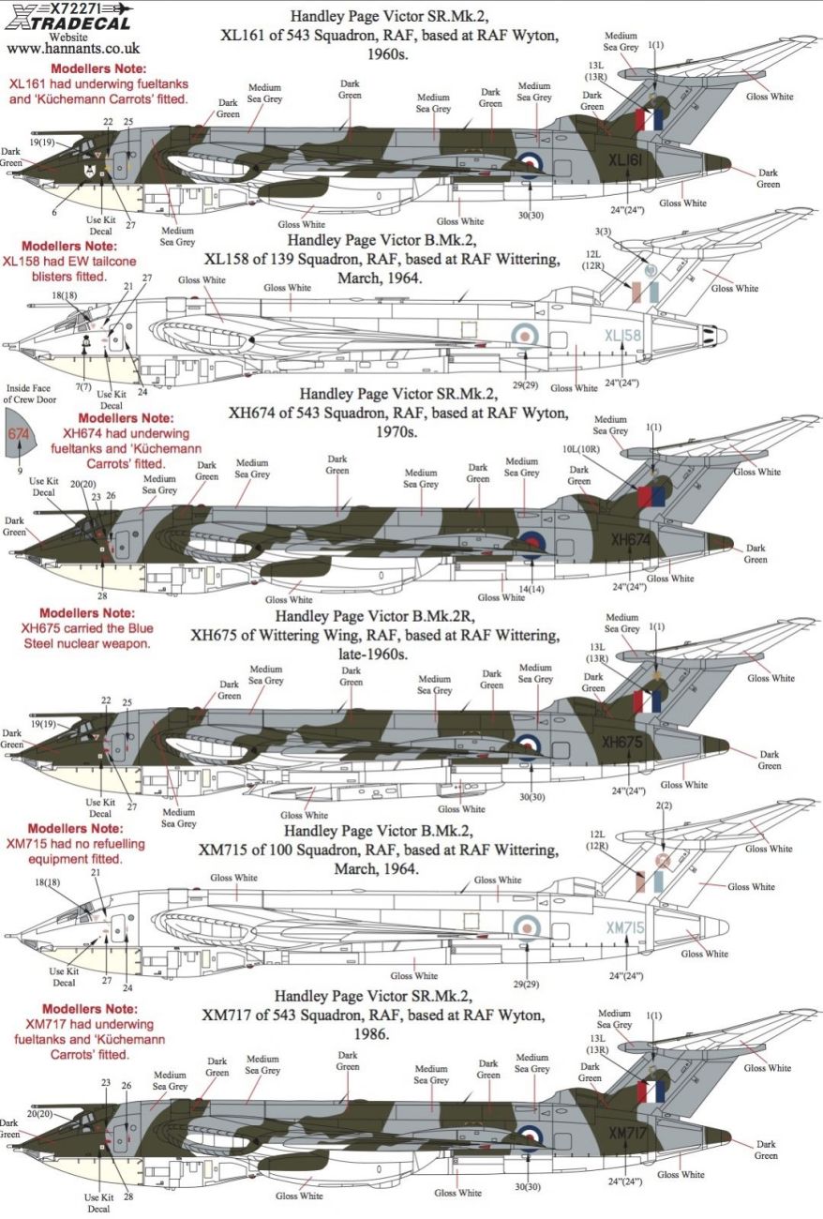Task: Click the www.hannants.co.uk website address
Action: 58,44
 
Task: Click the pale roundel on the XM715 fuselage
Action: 528,926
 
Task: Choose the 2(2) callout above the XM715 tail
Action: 664,806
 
